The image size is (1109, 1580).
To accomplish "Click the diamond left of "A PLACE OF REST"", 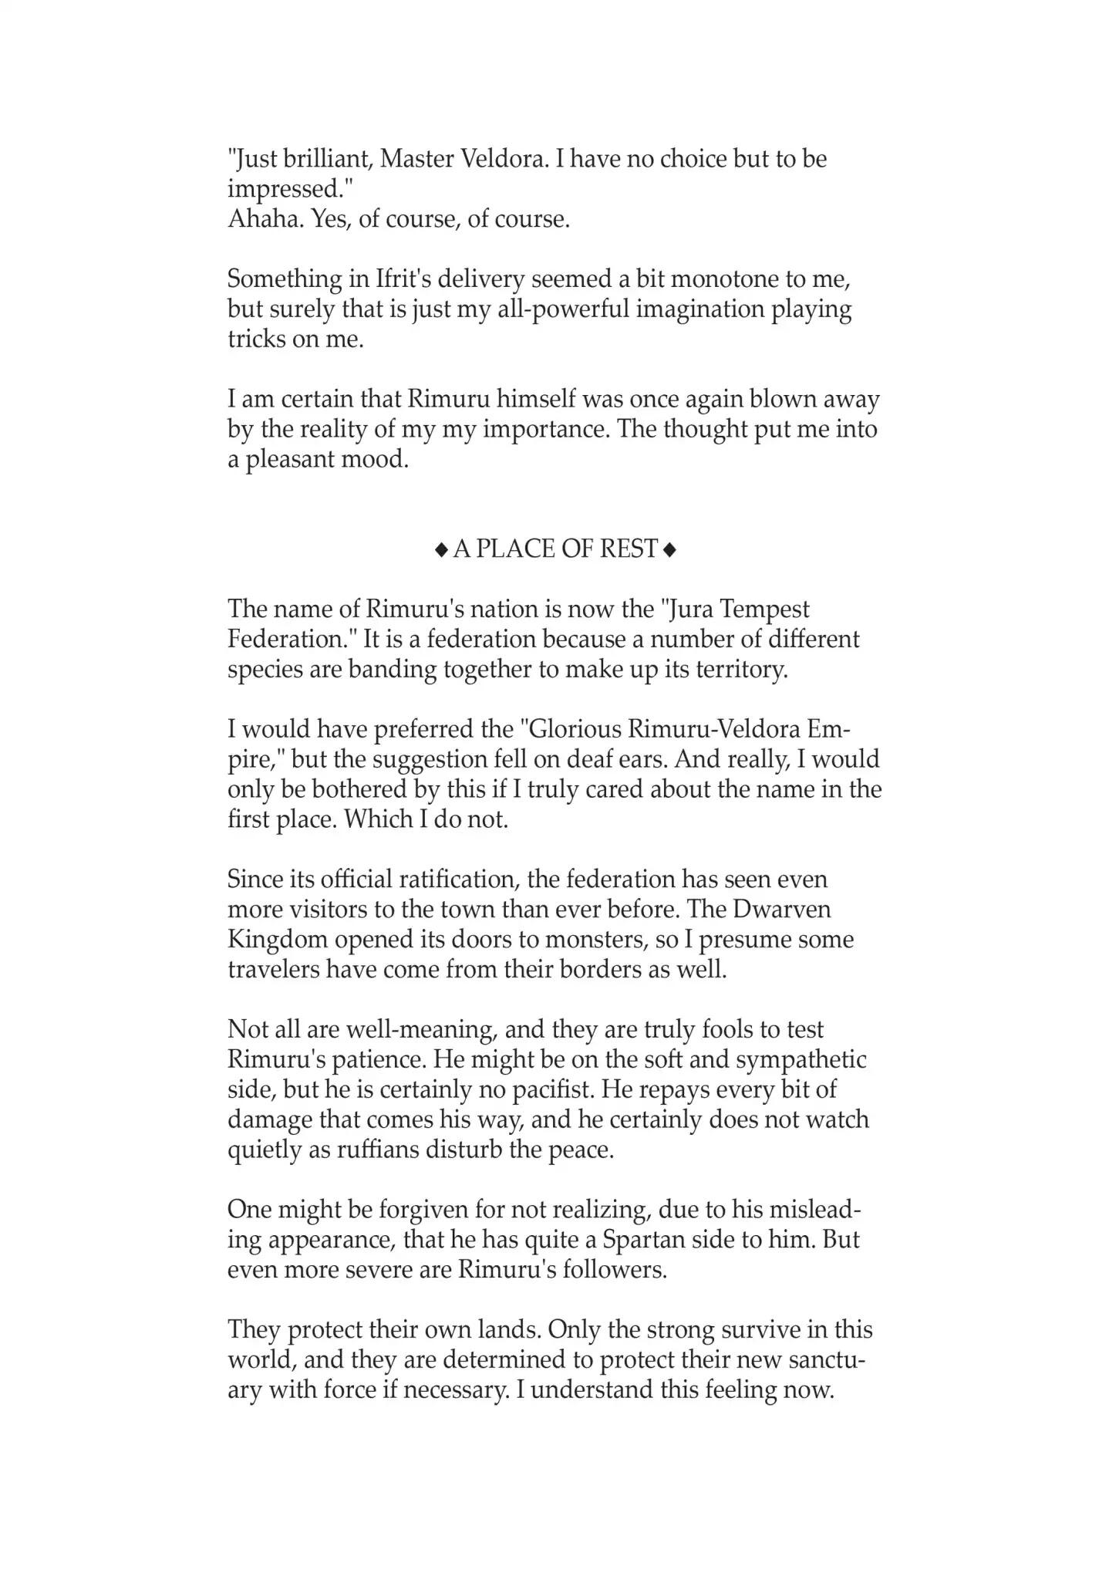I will point(441,549).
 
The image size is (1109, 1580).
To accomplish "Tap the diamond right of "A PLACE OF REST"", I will point(669,549).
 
